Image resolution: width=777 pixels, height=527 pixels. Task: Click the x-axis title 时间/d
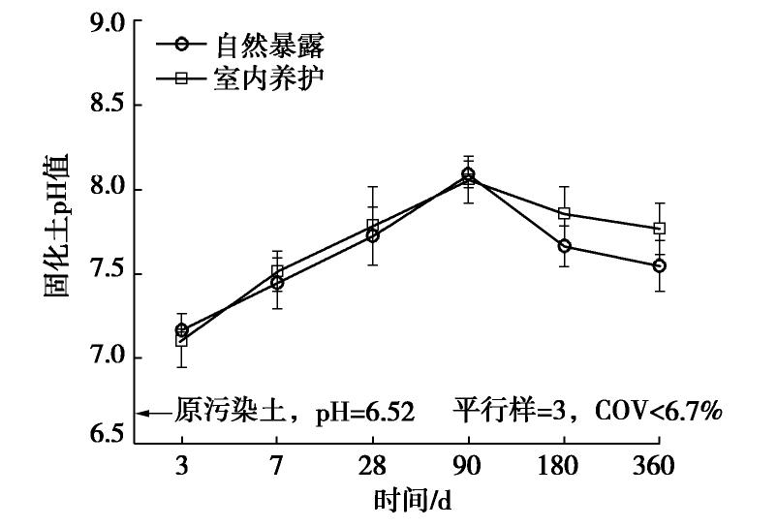[413, 502]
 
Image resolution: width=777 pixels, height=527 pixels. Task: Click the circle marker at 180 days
[564, 246]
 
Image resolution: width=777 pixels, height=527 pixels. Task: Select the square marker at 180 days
[564, 213]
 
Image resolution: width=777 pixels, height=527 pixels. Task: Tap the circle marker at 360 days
[660, 265]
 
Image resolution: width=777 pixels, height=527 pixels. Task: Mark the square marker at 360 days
[660, 229]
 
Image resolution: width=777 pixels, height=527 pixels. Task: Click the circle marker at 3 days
[181, 330]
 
